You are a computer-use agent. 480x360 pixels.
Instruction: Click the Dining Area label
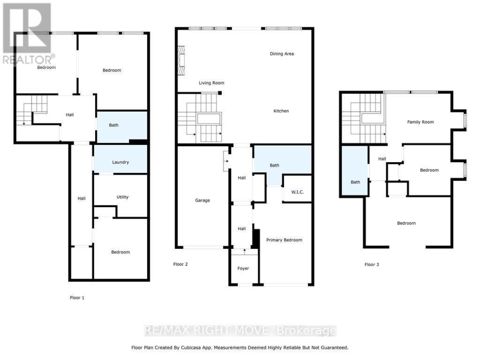282,54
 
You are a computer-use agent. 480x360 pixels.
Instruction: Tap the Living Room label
211,83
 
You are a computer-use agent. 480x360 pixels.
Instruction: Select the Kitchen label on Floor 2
281,111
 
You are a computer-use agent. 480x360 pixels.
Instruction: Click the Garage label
202,200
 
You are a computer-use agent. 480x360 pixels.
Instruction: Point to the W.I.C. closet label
297,192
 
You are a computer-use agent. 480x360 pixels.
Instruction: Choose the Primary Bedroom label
284,240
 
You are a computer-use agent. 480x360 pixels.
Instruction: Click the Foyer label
243,268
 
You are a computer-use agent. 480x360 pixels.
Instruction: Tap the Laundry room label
120,162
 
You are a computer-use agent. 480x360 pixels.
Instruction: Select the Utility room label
122,197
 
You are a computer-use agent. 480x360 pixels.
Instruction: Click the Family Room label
420,122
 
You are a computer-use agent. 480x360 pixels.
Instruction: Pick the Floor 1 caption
77,298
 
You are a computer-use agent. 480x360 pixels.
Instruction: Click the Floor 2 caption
180,264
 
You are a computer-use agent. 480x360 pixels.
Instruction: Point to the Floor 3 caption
372,264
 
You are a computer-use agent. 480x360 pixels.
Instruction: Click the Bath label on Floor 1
114,125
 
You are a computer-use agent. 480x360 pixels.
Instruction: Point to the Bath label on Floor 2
274,165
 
